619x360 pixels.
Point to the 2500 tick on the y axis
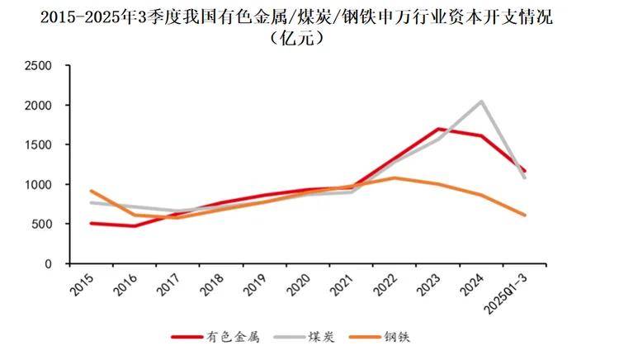point(42,66)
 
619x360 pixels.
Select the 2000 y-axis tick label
point(42,106)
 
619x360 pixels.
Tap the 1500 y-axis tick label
point(42,145)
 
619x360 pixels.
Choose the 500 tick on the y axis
point(45,224)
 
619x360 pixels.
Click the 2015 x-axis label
point(82,285)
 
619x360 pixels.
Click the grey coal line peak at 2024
point(481,102)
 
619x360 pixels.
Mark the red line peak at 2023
point(438,129)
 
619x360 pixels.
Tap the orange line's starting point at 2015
point(91,191)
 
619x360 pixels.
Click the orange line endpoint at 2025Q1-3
point(525,216)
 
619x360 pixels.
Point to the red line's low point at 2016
point(134,226)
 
